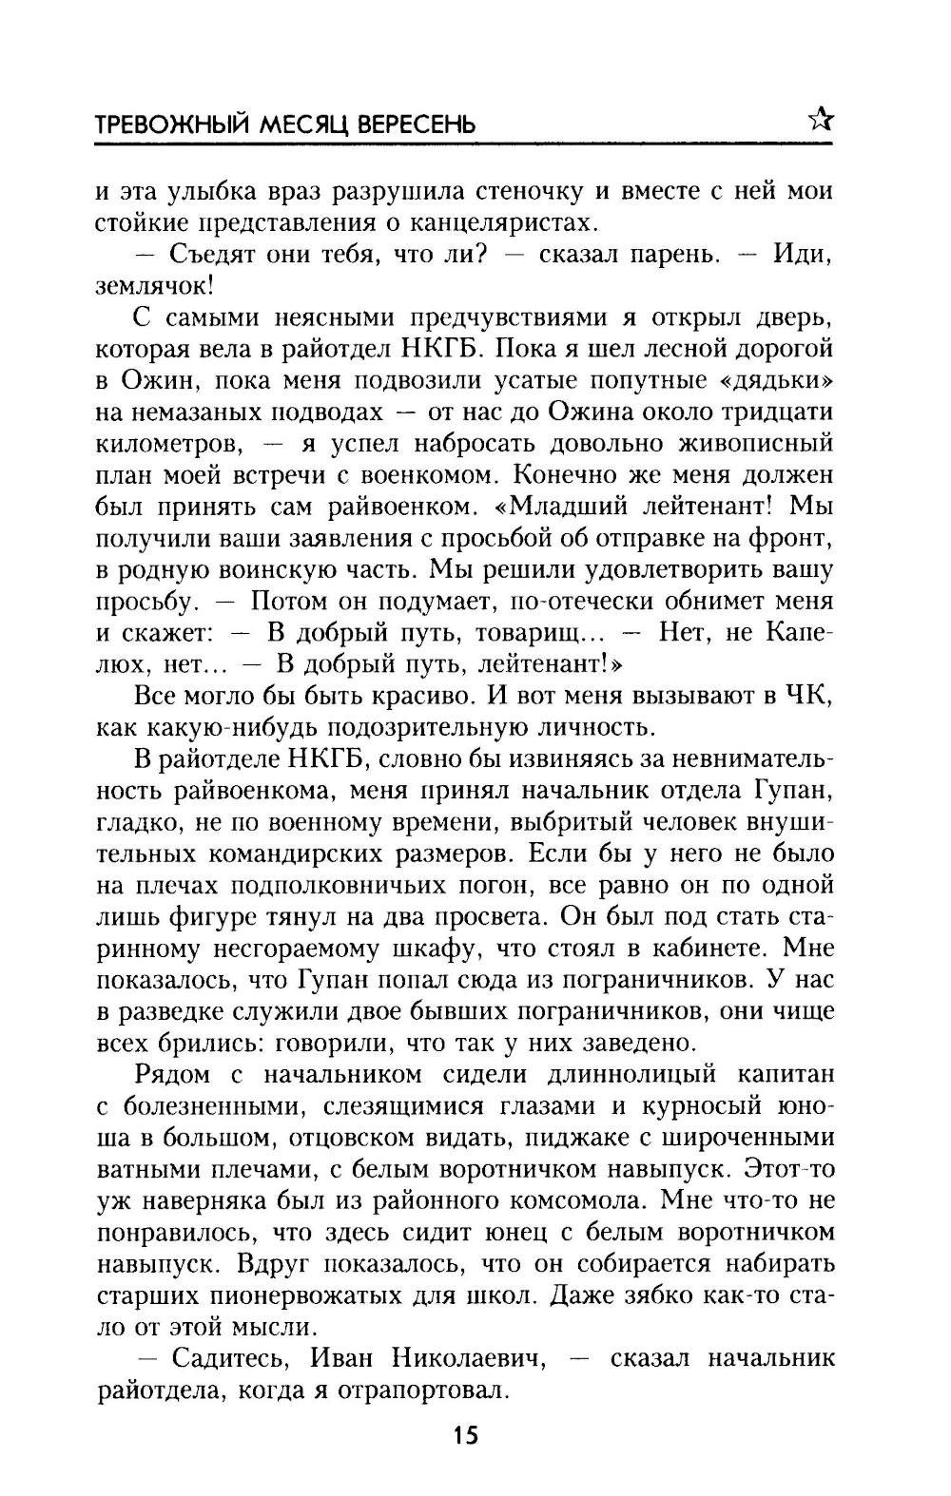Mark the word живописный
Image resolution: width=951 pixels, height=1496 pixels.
click(755, 443)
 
